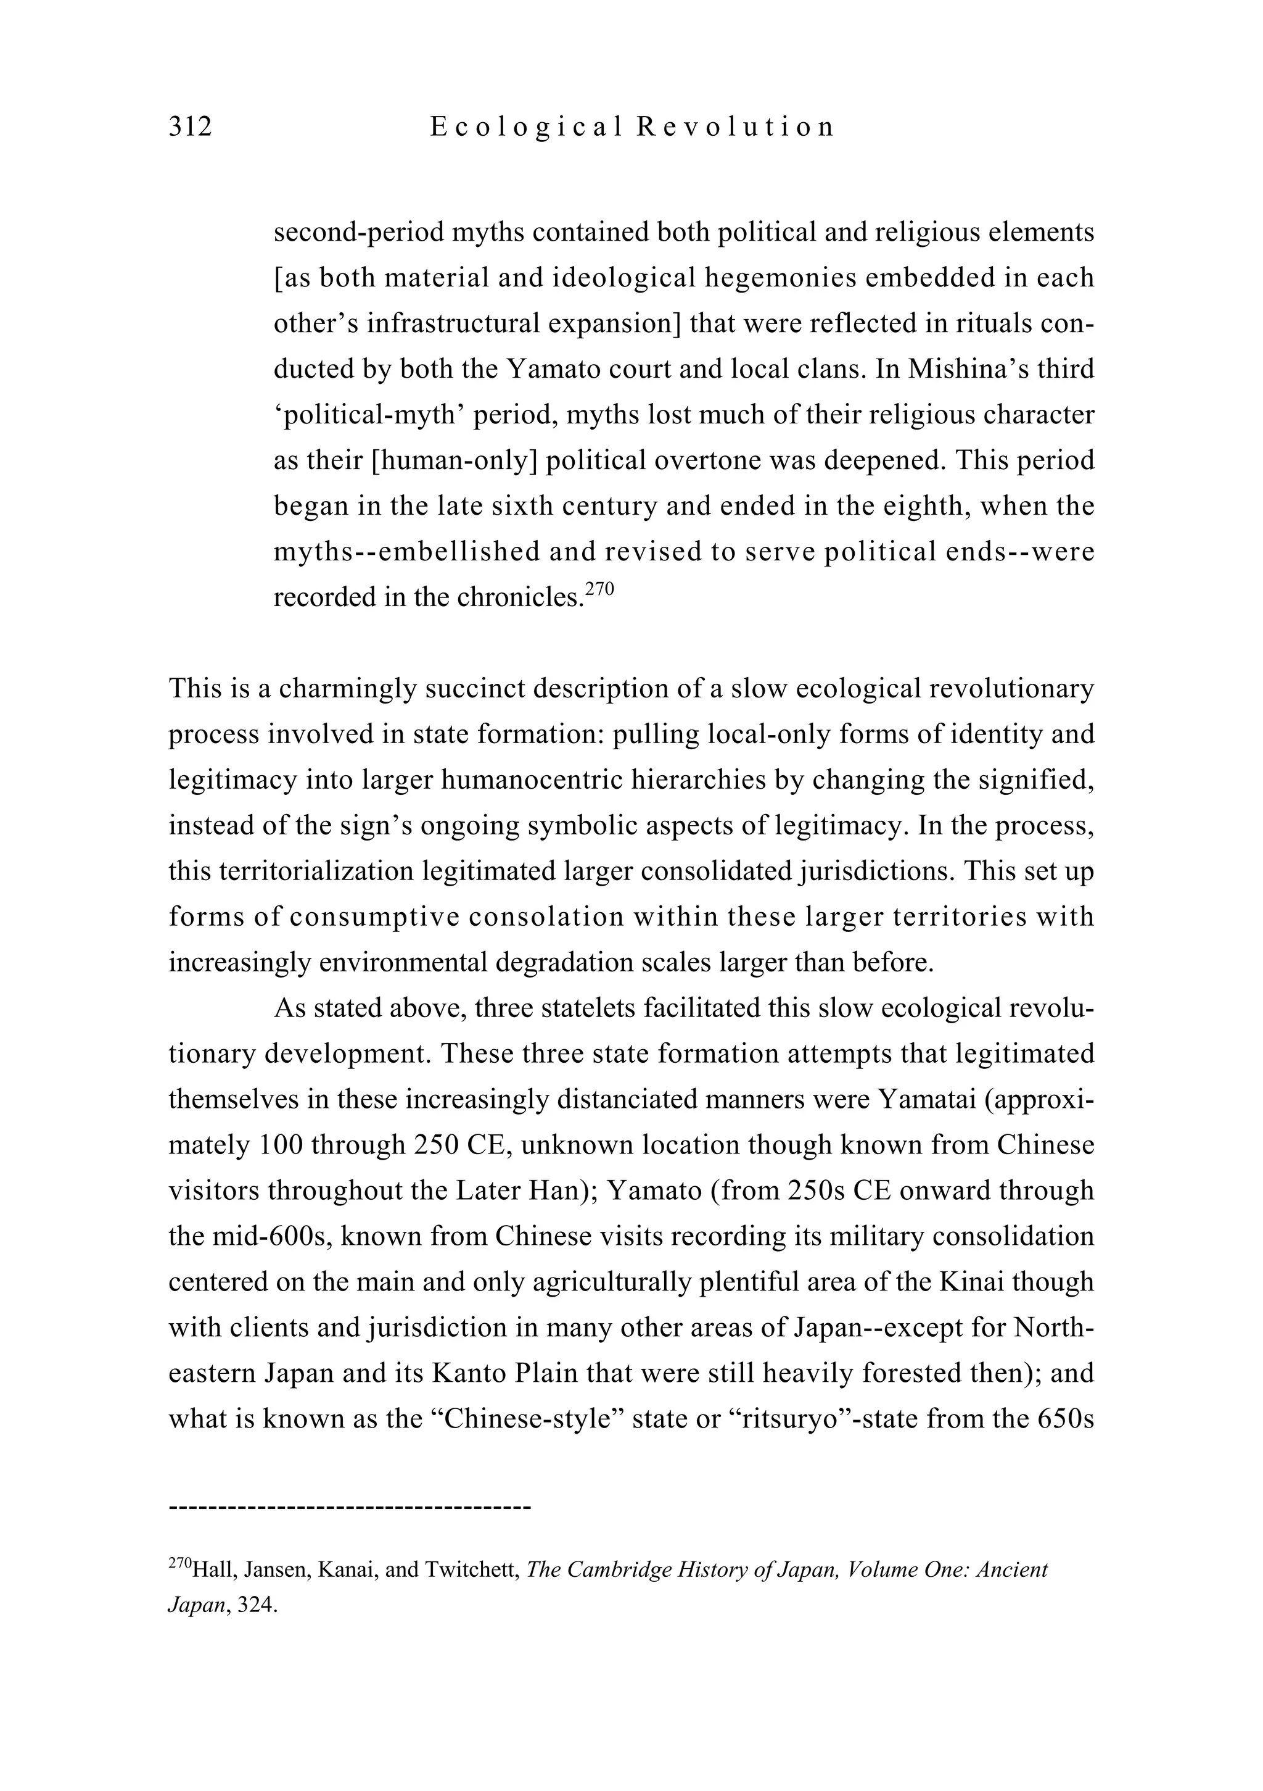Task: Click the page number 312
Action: (x=190, y=127)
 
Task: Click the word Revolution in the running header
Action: (x=735, y=127)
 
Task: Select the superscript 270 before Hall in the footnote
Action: (x=179, y=1563)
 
